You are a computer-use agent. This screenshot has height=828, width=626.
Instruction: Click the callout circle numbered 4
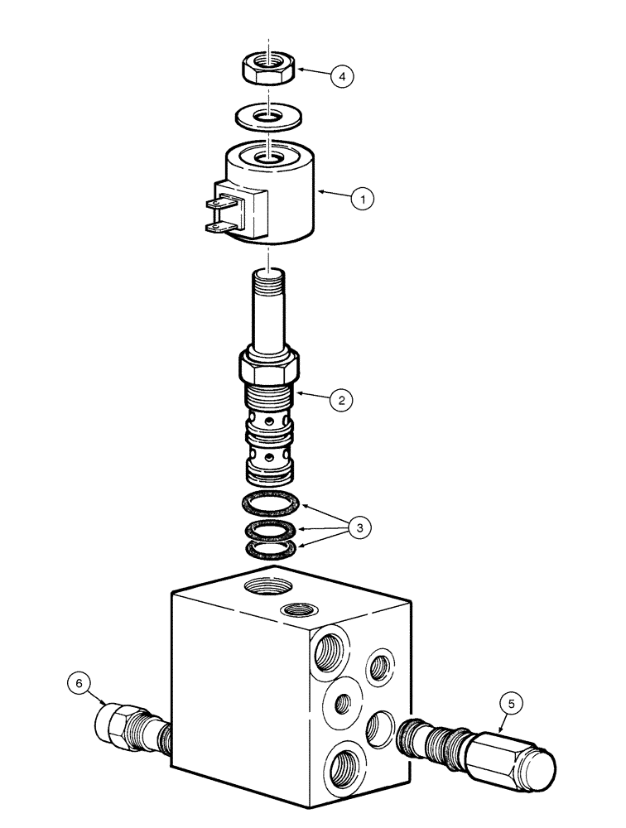point(341,75)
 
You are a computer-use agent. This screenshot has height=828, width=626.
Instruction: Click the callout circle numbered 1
point(362,199)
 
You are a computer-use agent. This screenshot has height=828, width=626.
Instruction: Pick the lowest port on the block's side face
point(341,766)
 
